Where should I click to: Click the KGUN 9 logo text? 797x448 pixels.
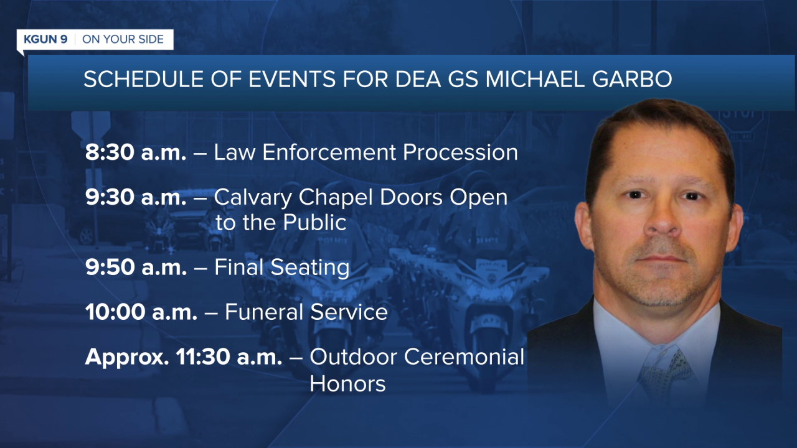point(45,39)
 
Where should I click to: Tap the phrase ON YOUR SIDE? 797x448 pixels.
point(123,39)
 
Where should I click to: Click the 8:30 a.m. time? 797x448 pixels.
point(136,152)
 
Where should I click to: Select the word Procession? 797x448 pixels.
point(460,152)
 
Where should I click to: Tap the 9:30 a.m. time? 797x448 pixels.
point(136,197)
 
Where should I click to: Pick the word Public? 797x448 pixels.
point(315,223)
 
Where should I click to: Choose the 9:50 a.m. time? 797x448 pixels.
point(136,267)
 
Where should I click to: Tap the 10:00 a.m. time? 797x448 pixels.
point(141,312)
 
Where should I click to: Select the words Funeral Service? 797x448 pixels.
point(306,312)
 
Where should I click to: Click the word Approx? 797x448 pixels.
point(127,358)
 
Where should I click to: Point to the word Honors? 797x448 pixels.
point(347,383)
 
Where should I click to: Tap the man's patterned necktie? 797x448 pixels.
point(664,377)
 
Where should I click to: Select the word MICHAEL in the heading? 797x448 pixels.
point(535,79)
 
